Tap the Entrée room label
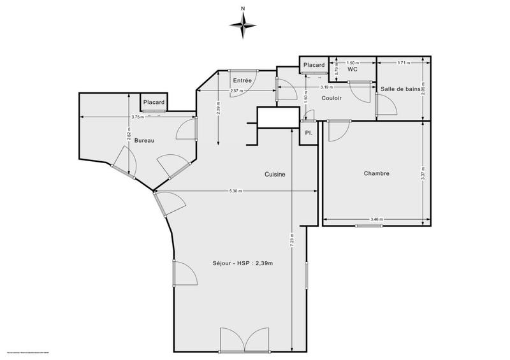pyautogui.click(x=242, y=80)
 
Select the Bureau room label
pyautogui.click(x=145, y=140)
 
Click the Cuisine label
pyautogui.click(x=275, y=174)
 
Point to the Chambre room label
pyautogui.click(x=376, y=173)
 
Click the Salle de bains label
pyautogui.click(x=400, y=89)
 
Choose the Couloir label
pyautogui.click(x=331, y=99)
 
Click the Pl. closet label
pyautogui.click(x=308, y=133)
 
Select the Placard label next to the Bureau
pyautogui.click(x=154, y=102)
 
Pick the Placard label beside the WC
pyautogui.click(x=314, y=65)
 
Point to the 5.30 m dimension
pyautogui.click(x=236, y=192)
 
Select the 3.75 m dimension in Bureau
pyautogui.click(x=136, y=117)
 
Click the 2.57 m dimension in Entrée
pyautogui.click(x=237, y=91)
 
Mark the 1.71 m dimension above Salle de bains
pyautogui.click(x=403, y=63)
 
